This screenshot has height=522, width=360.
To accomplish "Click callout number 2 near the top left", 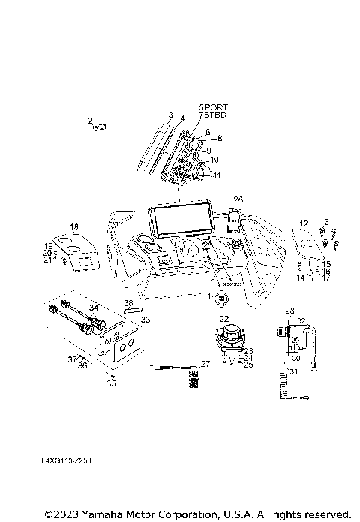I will click(x=90, y=121).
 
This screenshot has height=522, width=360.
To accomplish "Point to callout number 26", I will click(x=238, y=199).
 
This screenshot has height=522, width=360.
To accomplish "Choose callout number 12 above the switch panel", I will click(x=304, y=223).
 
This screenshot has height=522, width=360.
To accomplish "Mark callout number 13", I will click(x=325, y=222).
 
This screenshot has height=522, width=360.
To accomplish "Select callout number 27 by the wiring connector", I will click(x=206, y=363).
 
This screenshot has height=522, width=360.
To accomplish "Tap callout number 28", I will click(x=289, y=310).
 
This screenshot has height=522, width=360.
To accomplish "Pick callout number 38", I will click(x=128, y=304).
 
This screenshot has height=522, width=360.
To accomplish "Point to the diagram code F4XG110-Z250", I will click(x=61, y=460).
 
